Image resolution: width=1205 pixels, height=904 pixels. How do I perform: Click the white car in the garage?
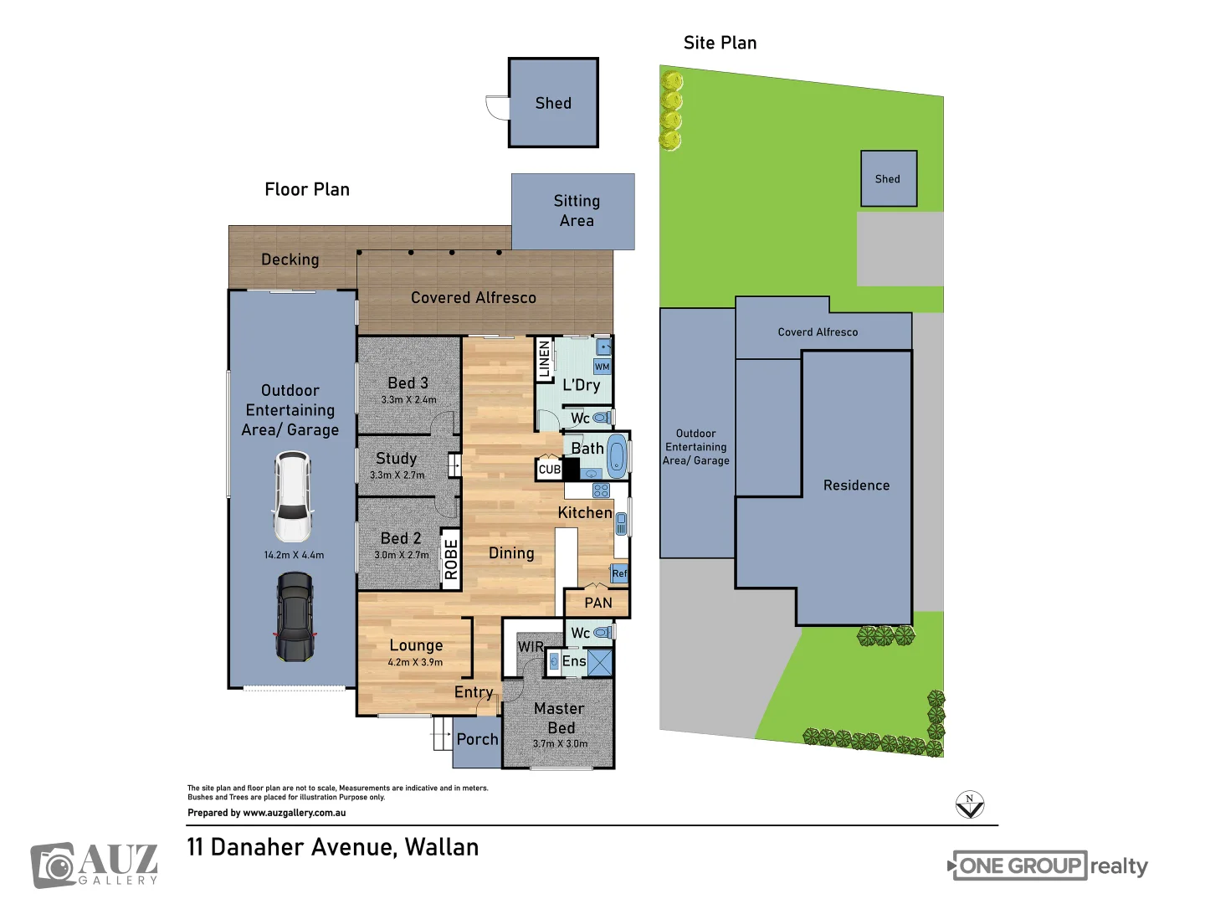292,496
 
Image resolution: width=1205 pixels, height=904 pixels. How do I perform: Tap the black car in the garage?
295,617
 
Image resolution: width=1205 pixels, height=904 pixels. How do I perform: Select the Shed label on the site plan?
887,179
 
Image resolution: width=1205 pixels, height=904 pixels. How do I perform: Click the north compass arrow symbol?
970,804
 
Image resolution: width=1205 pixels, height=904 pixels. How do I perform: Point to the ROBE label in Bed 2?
451,559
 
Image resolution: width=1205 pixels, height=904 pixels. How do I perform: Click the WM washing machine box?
602,367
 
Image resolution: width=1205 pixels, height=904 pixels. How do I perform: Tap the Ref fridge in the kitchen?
619,573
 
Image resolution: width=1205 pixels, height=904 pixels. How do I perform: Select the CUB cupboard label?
549,470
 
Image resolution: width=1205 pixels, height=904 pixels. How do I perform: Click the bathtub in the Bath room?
617,455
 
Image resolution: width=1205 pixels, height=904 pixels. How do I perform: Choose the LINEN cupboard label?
544,360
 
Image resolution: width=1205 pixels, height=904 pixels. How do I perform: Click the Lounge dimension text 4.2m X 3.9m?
415,662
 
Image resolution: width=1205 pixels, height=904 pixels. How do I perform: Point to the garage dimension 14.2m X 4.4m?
294,555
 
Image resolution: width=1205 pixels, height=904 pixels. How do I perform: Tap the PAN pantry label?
597,603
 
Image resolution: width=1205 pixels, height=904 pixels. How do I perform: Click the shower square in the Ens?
600,662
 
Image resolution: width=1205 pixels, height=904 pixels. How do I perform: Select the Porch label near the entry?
477,739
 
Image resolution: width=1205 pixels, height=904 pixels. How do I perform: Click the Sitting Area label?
577,211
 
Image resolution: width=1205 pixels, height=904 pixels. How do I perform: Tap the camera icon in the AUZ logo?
54,866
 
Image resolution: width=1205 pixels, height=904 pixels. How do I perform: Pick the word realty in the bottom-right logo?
1119,866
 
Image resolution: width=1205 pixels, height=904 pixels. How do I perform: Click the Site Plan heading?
720,43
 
